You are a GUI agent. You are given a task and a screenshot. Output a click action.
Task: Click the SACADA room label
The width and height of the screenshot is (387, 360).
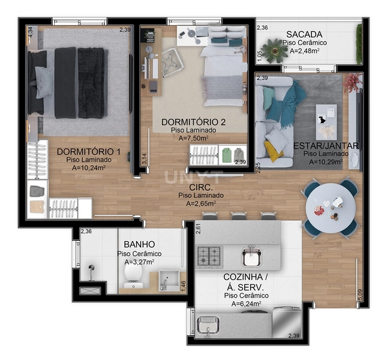pyautogui.click(x=304, y=34)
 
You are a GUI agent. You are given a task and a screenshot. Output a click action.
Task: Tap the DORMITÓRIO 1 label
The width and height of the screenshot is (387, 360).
pyautogui.click(x=89, y=152)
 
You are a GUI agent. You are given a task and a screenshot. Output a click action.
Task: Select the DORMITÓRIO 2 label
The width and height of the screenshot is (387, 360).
pyautogui.click(x=193, y=122)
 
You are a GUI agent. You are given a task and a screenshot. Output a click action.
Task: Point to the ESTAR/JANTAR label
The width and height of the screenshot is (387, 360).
pyautogui.click(x=326, y=146)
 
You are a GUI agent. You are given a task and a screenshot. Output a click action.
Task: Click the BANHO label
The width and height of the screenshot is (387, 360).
pyautogui.click(x=139, y=245)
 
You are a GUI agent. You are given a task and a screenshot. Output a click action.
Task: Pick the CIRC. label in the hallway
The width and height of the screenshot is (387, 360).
pyautogui.click(x=200, y=186)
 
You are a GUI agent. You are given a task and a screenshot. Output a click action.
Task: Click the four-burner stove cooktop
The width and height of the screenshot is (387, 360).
pyautogui.click(x=210, y=257)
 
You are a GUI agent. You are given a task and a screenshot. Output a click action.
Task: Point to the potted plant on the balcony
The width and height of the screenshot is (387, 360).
pyautogui.click(x=276, y=50)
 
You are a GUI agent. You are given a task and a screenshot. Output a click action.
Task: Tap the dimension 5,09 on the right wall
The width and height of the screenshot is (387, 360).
pyautogui.click(x=359, y=294)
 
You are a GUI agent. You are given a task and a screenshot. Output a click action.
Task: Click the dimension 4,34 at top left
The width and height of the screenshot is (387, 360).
pyautogui.click(x=30, y=32)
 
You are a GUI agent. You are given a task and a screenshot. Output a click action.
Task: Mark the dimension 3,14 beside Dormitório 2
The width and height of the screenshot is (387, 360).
pyautogui.click(x=143, y=158)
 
